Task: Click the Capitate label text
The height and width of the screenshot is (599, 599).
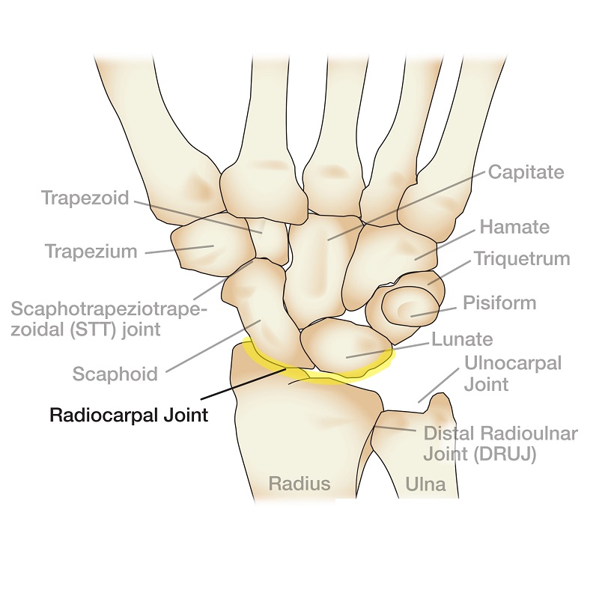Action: pos(526,172)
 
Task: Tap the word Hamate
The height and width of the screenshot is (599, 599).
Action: pos(514,227)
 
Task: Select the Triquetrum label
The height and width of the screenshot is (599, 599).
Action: pos(522,259)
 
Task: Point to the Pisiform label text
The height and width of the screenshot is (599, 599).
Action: pos(499,303)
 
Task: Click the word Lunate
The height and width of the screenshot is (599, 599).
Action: pos(462,339)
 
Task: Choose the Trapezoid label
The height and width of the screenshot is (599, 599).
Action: pos(85,198)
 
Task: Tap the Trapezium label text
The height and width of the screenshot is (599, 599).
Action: pos(91,252)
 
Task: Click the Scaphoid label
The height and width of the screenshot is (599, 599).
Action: pos(115,374)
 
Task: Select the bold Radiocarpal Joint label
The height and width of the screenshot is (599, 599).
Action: pos(129,415)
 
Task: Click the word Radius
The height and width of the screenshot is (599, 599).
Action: pos(299,484)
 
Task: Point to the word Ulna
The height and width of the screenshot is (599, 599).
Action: pos(425,484)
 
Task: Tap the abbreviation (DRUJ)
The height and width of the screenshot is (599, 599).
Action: pos(505,454)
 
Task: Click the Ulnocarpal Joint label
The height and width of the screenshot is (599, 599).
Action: pos(513,374)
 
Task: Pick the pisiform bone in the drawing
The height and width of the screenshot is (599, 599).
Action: pos(410,308)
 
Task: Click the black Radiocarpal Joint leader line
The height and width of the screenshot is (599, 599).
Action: pos(243,384)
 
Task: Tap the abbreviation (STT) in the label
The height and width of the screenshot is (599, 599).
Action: pos(93,329)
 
